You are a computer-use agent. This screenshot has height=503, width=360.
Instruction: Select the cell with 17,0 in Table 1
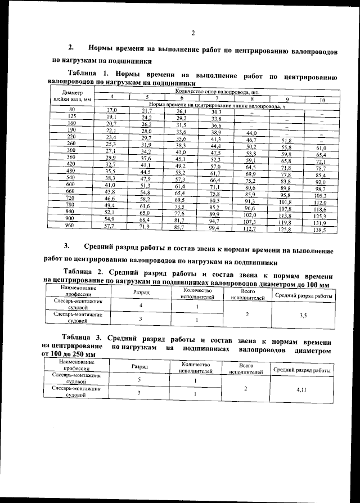point(111,110)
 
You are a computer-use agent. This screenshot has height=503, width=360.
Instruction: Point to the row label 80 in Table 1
point(71,109)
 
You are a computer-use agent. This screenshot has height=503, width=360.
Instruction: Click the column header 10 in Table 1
point(322,100)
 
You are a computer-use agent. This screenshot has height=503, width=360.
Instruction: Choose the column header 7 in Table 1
point(217,98)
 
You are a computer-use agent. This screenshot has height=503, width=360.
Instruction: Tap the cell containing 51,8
point(286,141)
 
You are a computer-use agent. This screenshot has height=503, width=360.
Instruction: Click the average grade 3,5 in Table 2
point(302,317)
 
